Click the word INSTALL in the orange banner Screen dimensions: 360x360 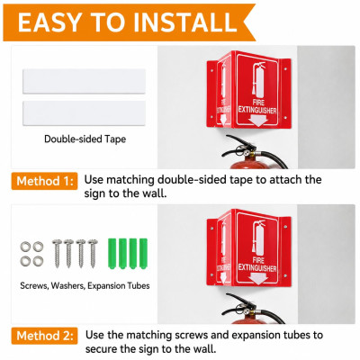[185, 22]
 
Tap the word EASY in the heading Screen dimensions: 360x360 [49, 22]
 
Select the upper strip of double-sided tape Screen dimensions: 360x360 [84, 81]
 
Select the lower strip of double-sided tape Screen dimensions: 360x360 [84, 113]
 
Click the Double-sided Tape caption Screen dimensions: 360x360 [85, 139]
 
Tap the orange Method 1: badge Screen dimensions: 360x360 [44, 181]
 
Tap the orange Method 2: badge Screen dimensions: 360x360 [44, 336]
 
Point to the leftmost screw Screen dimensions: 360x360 [57, 254]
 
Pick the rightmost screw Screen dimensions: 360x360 [93, 254]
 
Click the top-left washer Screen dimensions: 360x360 [25, 247]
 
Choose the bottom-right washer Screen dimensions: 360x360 [38, 261]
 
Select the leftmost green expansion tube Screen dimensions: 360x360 [112, 254]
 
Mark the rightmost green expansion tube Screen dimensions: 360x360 [143, 254]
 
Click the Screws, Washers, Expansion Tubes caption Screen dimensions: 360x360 [85, 285]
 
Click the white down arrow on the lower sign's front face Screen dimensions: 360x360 [257, 279]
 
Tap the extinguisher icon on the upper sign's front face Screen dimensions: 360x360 [258, 80]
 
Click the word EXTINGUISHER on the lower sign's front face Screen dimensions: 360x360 [257, 267]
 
